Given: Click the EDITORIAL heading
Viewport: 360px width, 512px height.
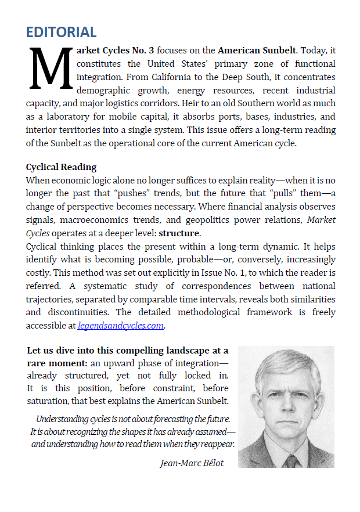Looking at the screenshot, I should point(61,32).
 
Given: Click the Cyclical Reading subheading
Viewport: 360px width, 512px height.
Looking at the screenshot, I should point(62,167).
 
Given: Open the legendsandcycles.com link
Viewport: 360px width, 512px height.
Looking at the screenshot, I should point(121,326).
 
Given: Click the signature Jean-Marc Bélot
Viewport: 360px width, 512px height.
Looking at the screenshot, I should point(192,463).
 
